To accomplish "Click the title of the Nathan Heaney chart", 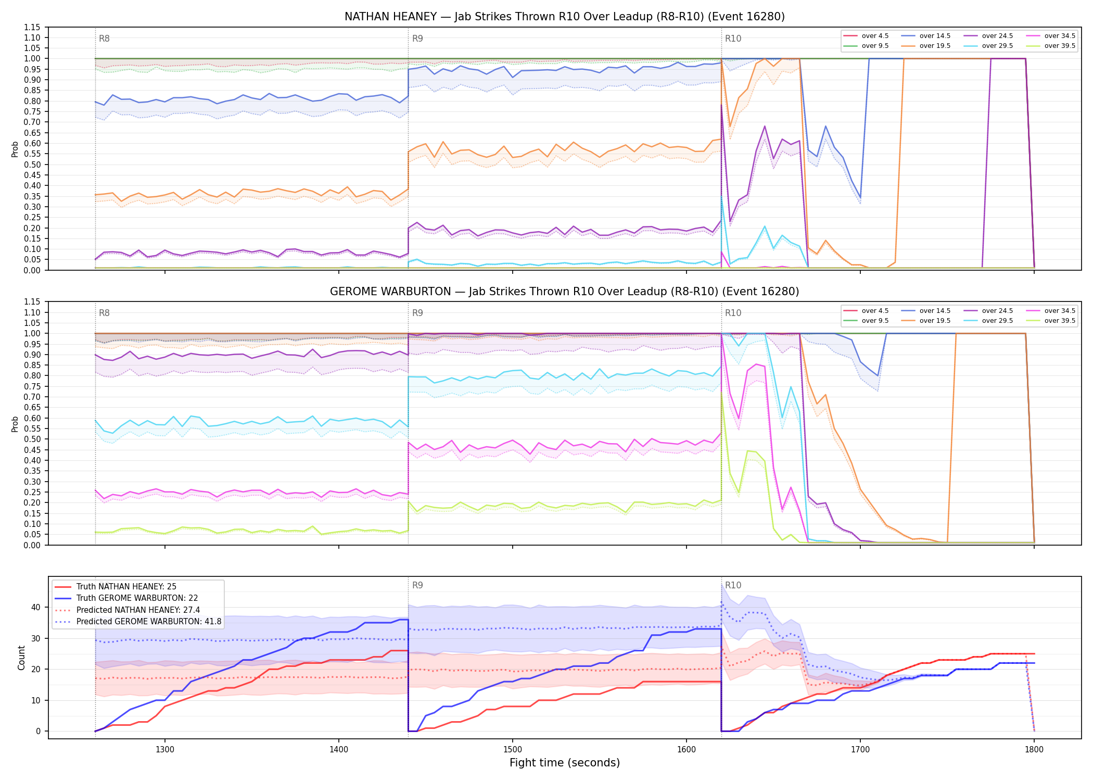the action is click(x=565, y=17).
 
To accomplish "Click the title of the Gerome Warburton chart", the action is click(x=565, y=292).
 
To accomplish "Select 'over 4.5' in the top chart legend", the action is click(x=875, y=36).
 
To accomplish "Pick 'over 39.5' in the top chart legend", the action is click(x=1060, y=46).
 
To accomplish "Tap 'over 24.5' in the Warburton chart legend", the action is click(x=997, y=311).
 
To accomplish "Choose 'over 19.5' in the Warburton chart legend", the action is click(x=935, y=321).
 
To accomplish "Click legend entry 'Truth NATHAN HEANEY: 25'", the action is click(x=126, y=587).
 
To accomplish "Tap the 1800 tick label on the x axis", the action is click(x=1034, y=750).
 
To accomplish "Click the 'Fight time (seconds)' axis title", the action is click(x=565, y=763).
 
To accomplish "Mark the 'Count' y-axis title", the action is click(x=21, y=658).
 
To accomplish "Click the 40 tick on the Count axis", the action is click(x=36, y=607).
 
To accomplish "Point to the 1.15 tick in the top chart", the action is click(x=32, y=27).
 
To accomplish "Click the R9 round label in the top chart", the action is click(x=417, y=39).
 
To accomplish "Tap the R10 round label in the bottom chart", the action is click(x=733, y=585).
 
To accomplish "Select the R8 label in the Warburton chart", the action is click(x=104, y=313).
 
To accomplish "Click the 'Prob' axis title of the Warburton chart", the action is click(x=15, y=424).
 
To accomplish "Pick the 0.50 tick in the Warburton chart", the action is click(x=32, y=439).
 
